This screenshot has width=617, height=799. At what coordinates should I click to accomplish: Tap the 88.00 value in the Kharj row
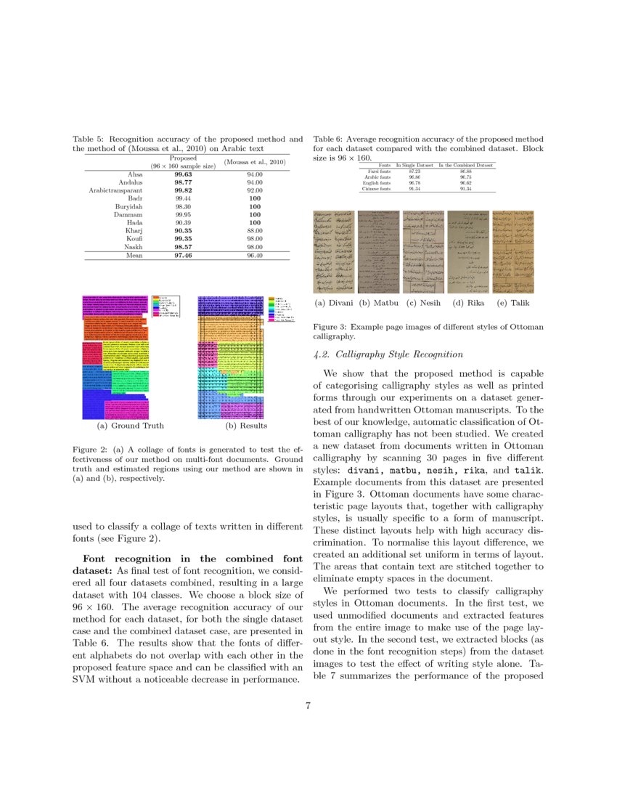254,230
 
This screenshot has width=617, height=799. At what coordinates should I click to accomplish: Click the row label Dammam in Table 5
127,214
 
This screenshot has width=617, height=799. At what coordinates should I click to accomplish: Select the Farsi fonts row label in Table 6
377,171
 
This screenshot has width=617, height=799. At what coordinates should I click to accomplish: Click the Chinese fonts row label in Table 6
376,189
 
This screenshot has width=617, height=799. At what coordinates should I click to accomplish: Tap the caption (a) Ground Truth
130,426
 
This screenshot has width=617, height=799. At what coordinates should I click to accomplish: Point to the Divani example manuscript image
332,251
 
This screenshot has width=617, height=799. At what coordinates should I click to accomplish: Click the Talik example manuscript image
511,251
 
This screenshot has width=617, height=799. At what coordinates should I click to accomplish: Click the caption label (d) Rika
468,303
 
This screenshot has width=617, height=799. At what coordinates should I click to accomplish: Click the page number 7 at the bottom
308,706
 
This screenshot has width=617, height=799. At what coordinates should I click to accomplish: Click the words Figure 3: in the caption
329,328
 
